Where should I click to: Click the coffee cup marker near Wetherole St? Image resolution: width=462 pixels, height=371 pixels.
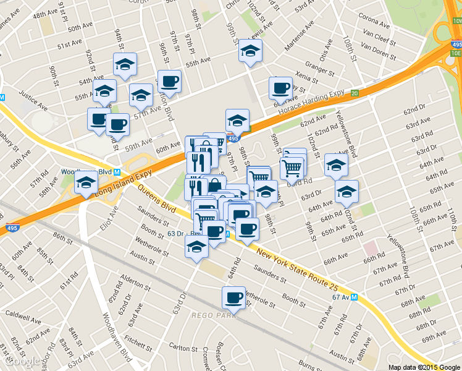pyautogui.click(x=233, y=298)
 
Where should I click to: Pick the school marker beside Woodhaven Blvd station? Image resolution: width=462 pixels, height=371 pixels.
pyautogui.click(x=86, y=182)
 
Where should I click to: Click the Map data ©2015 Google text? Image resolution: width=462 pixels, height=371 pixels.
pyautogui.click(x=424, y=367)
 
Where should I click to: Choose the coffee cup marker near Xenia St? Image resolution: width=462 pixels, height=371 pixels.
pyautogui.click(x=280, y=88)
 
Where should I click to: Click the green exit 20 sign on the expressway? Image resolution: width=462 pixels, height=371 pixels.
pyautogui.click(x=354, y=93)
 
